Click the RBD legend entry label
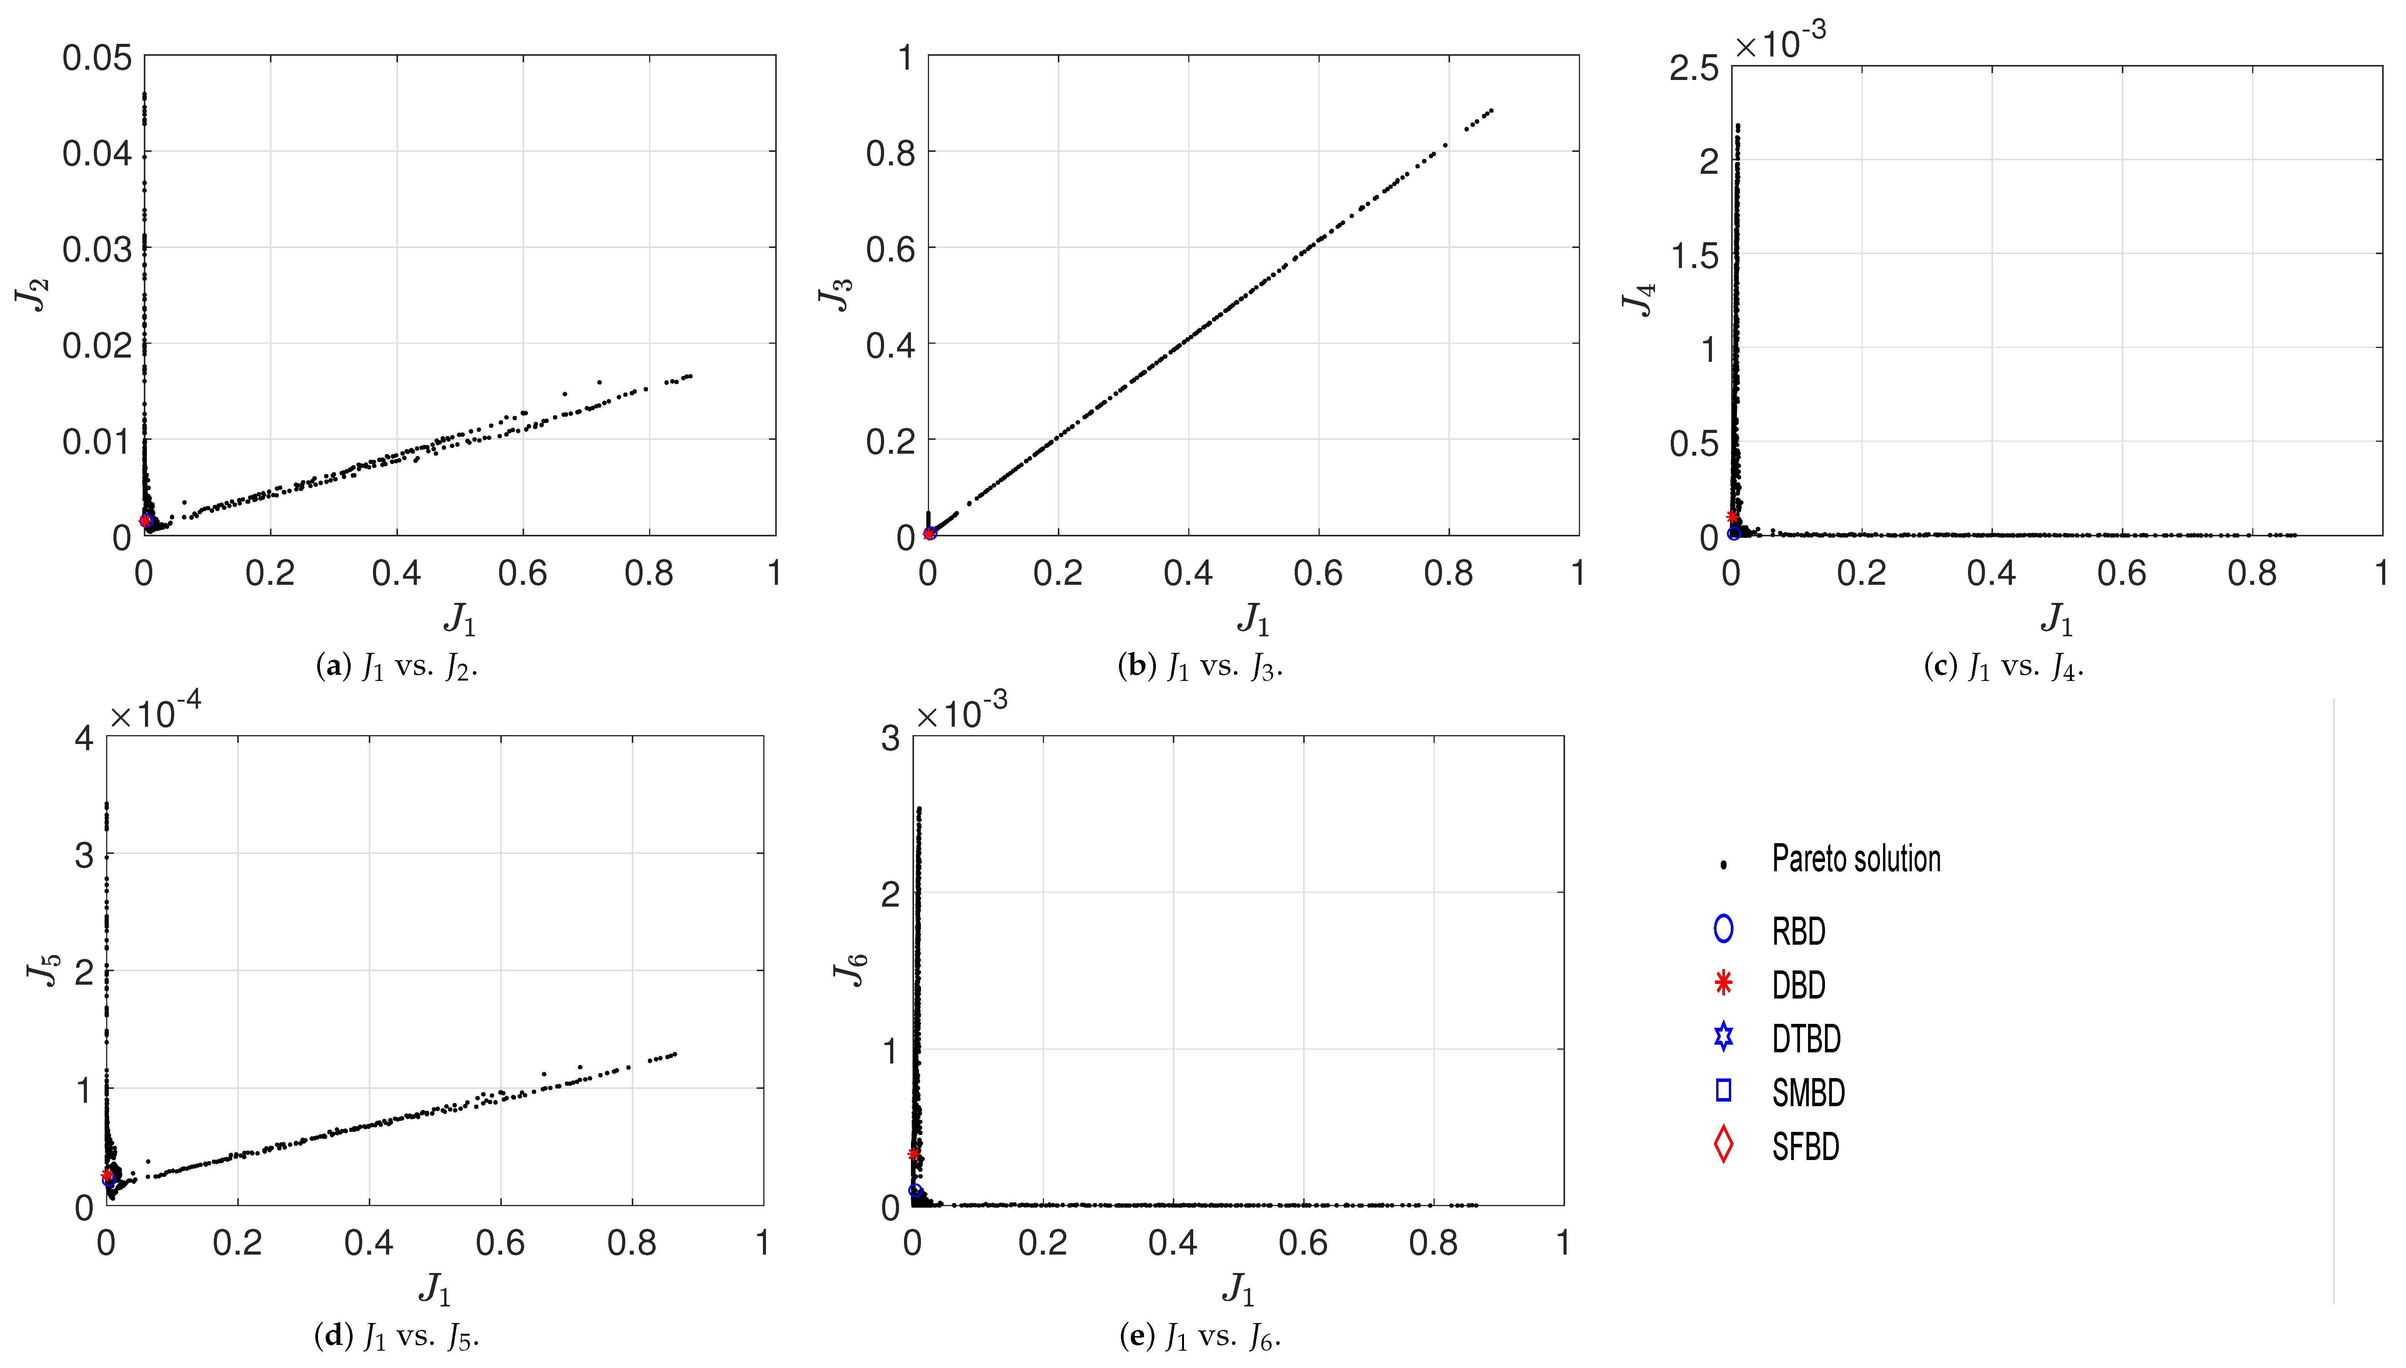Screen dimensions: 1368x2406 (1798, 931)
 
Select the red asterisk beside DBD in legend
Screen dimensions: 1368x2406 (1723, 984)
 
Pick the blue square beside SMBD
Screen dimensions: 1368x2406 (1723, 1090)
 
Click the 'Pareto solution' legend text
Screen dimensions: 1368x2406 (1855, 859)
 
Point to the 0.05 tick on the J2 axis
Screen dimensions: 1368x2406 (97, 58)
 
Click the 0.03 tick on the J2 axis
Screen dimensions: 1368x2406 (97, 250)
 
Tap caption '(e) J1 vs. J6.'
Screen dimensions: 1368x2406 (1200, 1336)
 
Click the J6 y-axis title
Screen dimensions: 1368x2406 (850, 969)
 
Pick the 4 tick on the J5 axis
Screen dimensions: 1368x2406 (85, 739)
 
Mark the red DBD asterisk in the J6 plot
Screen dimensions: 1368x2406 (913, 1154)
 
